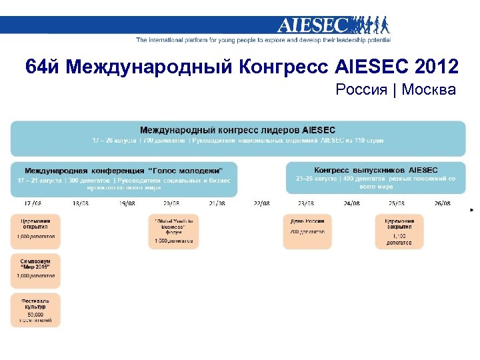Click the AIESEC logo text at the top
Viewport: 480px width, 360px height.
[x=313, y=25]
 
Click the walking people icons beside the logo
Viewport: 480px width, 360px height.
[x=370, y=25]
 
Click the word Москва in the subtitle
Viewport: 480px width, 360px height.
[x=429, y=89]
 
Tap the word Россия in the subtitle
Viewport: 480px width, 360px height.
[x=361, y=89]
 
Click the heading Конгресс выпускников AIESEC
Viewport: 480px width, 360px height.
[x=376, y=170]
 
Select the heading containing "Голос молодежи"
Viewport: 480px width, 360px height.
[x=123, y=171]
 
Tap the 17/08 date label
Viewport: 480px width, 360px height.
[x=33, y=203]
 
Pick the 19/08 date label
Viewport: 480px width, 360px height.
[x=126, y=203]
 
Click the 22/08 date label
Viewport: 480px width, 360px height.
[x=261, y=203]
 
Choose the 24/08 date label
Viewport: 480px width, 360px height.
[x=351, y=203]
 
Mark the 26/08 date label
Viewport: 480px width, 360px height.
[x=442, y=203]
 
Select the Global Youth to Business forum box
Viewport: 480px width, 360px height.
[x=173, y=231]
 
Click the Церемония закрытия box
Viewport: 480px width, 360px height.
[x=399, y=231]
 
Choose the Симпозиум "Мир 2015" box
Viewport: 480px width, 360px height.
[x=35, y=267]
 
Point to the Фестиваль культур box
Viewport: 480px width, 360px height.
[x=35, y=309]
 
